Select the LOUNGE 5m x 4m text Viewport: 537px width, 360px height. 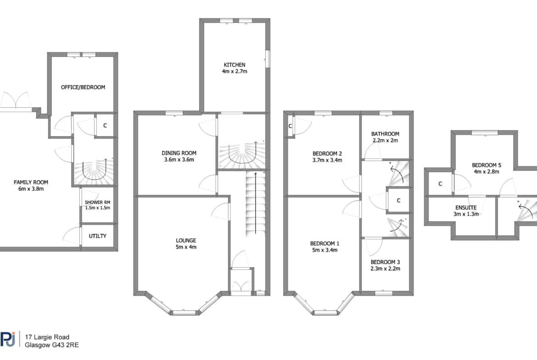click(x=186, y=244)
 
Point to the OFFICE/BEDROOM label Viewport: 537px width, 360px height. click(x=83, y=87)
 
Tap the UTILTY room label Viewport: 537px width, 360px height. click(x=98, y=236)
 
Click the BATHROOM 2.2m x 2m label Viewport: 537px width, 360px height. click(x=385, y=137)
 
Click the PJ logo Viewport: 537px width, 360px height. click(x=7, y=339)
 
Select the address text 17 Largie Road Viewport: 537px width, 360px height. click(x=47, y=337)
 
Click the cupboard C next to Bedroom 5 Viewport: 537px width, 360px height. click(x=440, y=184)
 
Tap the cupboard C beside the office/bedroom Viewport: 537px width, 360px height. click(x=105, y=126)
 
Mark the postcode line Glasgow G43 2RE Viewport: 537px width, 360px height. click(x=52, y=345)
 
